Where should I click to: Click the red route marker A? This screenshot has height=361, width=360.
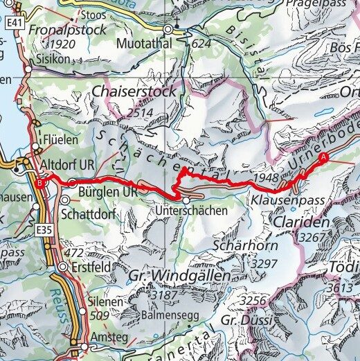322,157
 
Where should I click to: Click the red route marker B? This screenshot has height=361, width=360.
41,183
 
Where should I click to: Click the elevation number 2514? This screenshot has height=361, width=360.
140,112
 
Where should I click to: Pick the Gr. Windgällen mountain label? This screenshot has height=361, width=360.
179,276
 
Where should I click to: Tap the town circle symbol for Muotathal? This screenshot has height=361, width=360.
169,30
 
